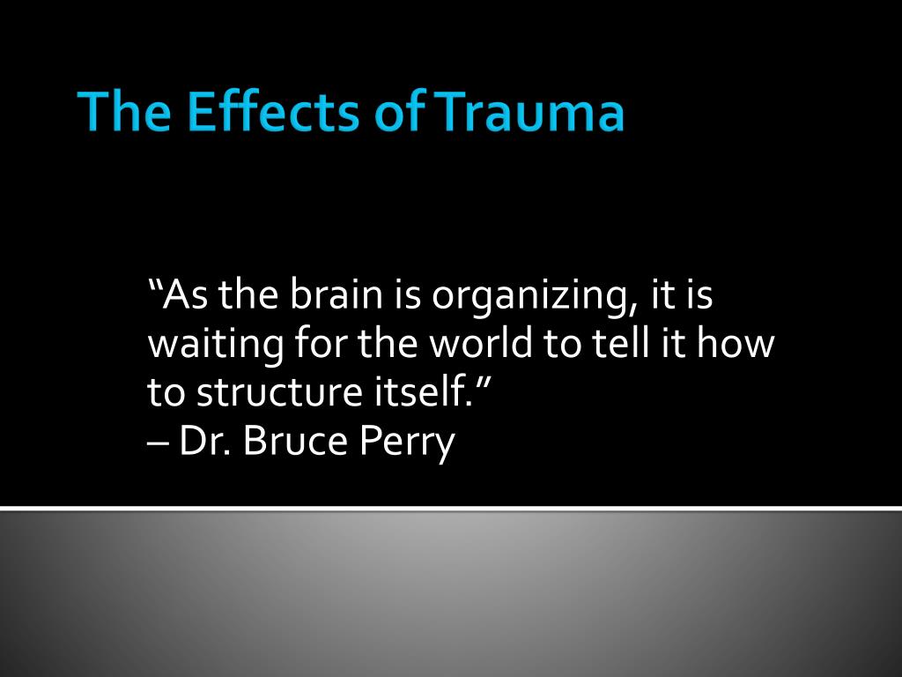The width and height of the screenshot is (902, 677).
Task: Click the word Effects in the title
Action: (x=273, y=110)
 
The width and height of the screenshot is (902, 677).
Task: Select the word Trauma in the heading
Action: (x=529, y=110)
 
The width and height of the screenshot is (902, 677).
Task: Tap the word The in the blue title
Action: (x=124, y=110)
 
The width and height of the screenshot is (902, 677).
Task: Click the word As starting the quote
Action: (x=185, y=294)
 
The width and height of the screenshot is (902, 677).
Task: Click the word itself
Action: (x=424, y=391)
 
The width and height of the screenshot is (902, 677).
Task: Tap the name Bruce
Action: (x=296, y=441)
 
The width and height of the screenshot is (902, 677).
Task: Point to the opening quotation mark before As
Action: (x=155, y=286)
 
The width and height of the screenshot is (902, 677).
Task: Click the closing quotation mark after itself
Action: (x=481, y=383)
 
